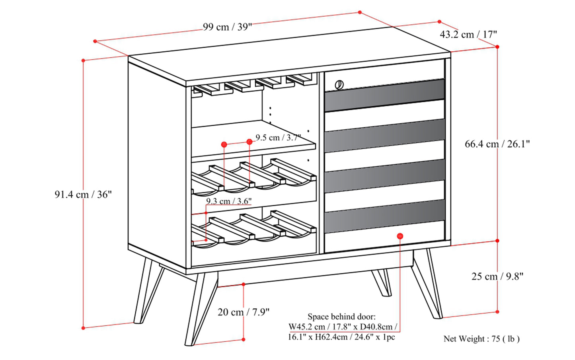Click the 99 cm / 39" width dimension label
pyautogui.click(x=227, y=27)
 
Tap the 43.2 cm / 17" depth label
pyautogui.click(x=468, y=35)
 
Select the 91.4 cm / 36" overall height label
pyautogui.click(x=83, y=195)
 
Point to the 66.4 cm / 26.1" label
pyautogui.click(x=497, y=144)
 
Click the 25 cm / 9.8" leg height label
pyautogui.click(x=497, y=276)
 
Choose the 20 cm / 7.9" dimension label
pyautogui.click(x=243, y=312)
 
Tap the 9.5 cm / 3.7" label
pyautogui.click(x=278, y=138)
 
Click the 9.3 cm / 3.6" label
pyautogui.click(x=229, y=201)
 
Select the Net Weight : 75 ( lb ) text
pyautogui.click(x=481, y=339)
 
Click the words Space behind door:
pyautogui.click(x=341, y=317)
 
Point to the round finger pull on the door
pyautogui.click(x=339, y=84)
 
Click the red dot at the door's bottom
pyautogui.click(x=400, y=236)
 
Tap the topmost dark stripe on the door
pyautogui.click(x=384, y=95)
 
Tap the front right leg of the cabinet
pyautogui.click(x=428, y=284)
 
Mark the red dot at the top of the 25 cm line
pyautogui.click(x=497, y=241)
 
